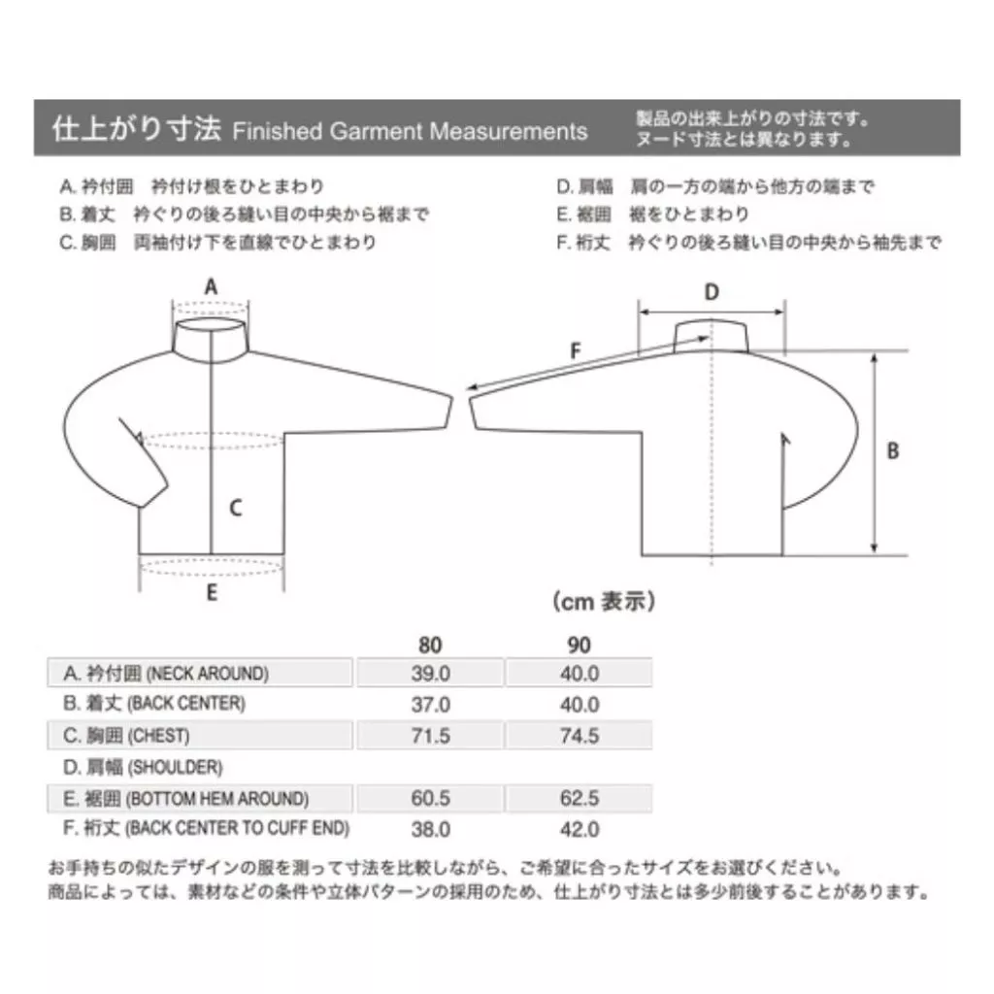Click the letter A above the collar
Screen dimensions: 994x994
click(211, 286)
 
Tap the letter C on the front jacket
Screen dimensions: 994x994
click(235, 507)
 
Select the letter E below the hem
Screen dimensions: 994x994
click(212, 593)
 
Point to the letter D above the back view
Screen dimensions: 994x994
click(712, 292)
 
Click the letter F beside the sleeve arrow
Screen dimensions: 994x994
click(575, 349)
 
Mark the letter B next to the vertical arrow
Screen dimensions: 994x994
click(893, 450)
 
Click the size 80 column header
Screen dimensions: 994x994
click(430, 645)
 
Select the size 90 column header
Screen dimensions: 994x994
click(579, 645)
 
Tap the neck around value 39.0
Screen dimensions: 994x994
click(430, 674)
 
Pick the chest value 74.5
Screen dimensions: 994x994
click(580, 736)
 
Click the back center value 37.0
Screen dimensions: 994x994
click(430, 705)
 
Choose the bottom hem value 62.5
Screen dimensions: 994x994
click(580, 798)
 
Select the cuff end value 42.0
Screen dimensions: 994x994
click(580, 829)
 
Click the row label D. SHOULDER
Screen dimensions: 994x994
click(143, 767)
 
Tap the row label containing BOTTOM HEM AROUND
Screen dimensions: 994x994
click(185, 799)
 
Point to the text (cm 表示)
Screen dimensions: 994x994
click(604, 601)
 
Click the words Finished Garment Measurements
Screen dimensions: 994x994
click(410, 131)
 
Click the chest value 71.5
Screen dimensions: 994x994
click(430, 736)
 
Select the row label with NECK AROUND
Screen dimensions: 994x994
click(166, 674)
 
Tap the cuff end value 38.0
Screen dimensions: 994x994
click(430, 829)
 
